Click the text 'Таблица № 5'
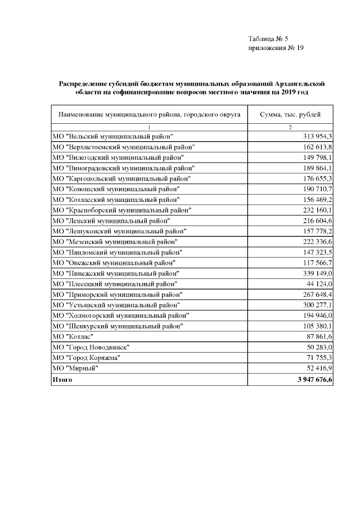pyautogui.click(x=268, y=39)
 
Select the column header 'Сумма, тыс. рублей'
pyautogui.click(x=290, y=115)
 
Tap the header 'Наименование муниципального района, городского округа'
pyautogui.click(x=149, y=115)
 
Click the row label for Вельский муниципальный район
pyautogui.click(x=112, y=137)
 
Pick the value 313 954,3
pyautogui.click(x=318, y=137)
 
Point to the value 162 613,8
pyautogui.click(x=318, y=147)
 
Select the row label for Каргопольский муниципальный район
pyautogui.click(x=120, y=178)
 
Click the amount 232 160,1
pyautogui.click(x=318, y=209)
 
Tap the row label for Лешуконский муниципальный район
pyautogui.click(x=118, y=231)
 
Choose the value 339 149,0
pyautogui.click(x=318, y=273)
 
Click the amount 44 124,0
pyautogui.click(x=321, y=283)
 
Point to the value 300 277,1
pyautogui.click(x=318, y=304)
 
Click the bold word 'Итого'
pyautogui.click(x=62, y=380)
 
